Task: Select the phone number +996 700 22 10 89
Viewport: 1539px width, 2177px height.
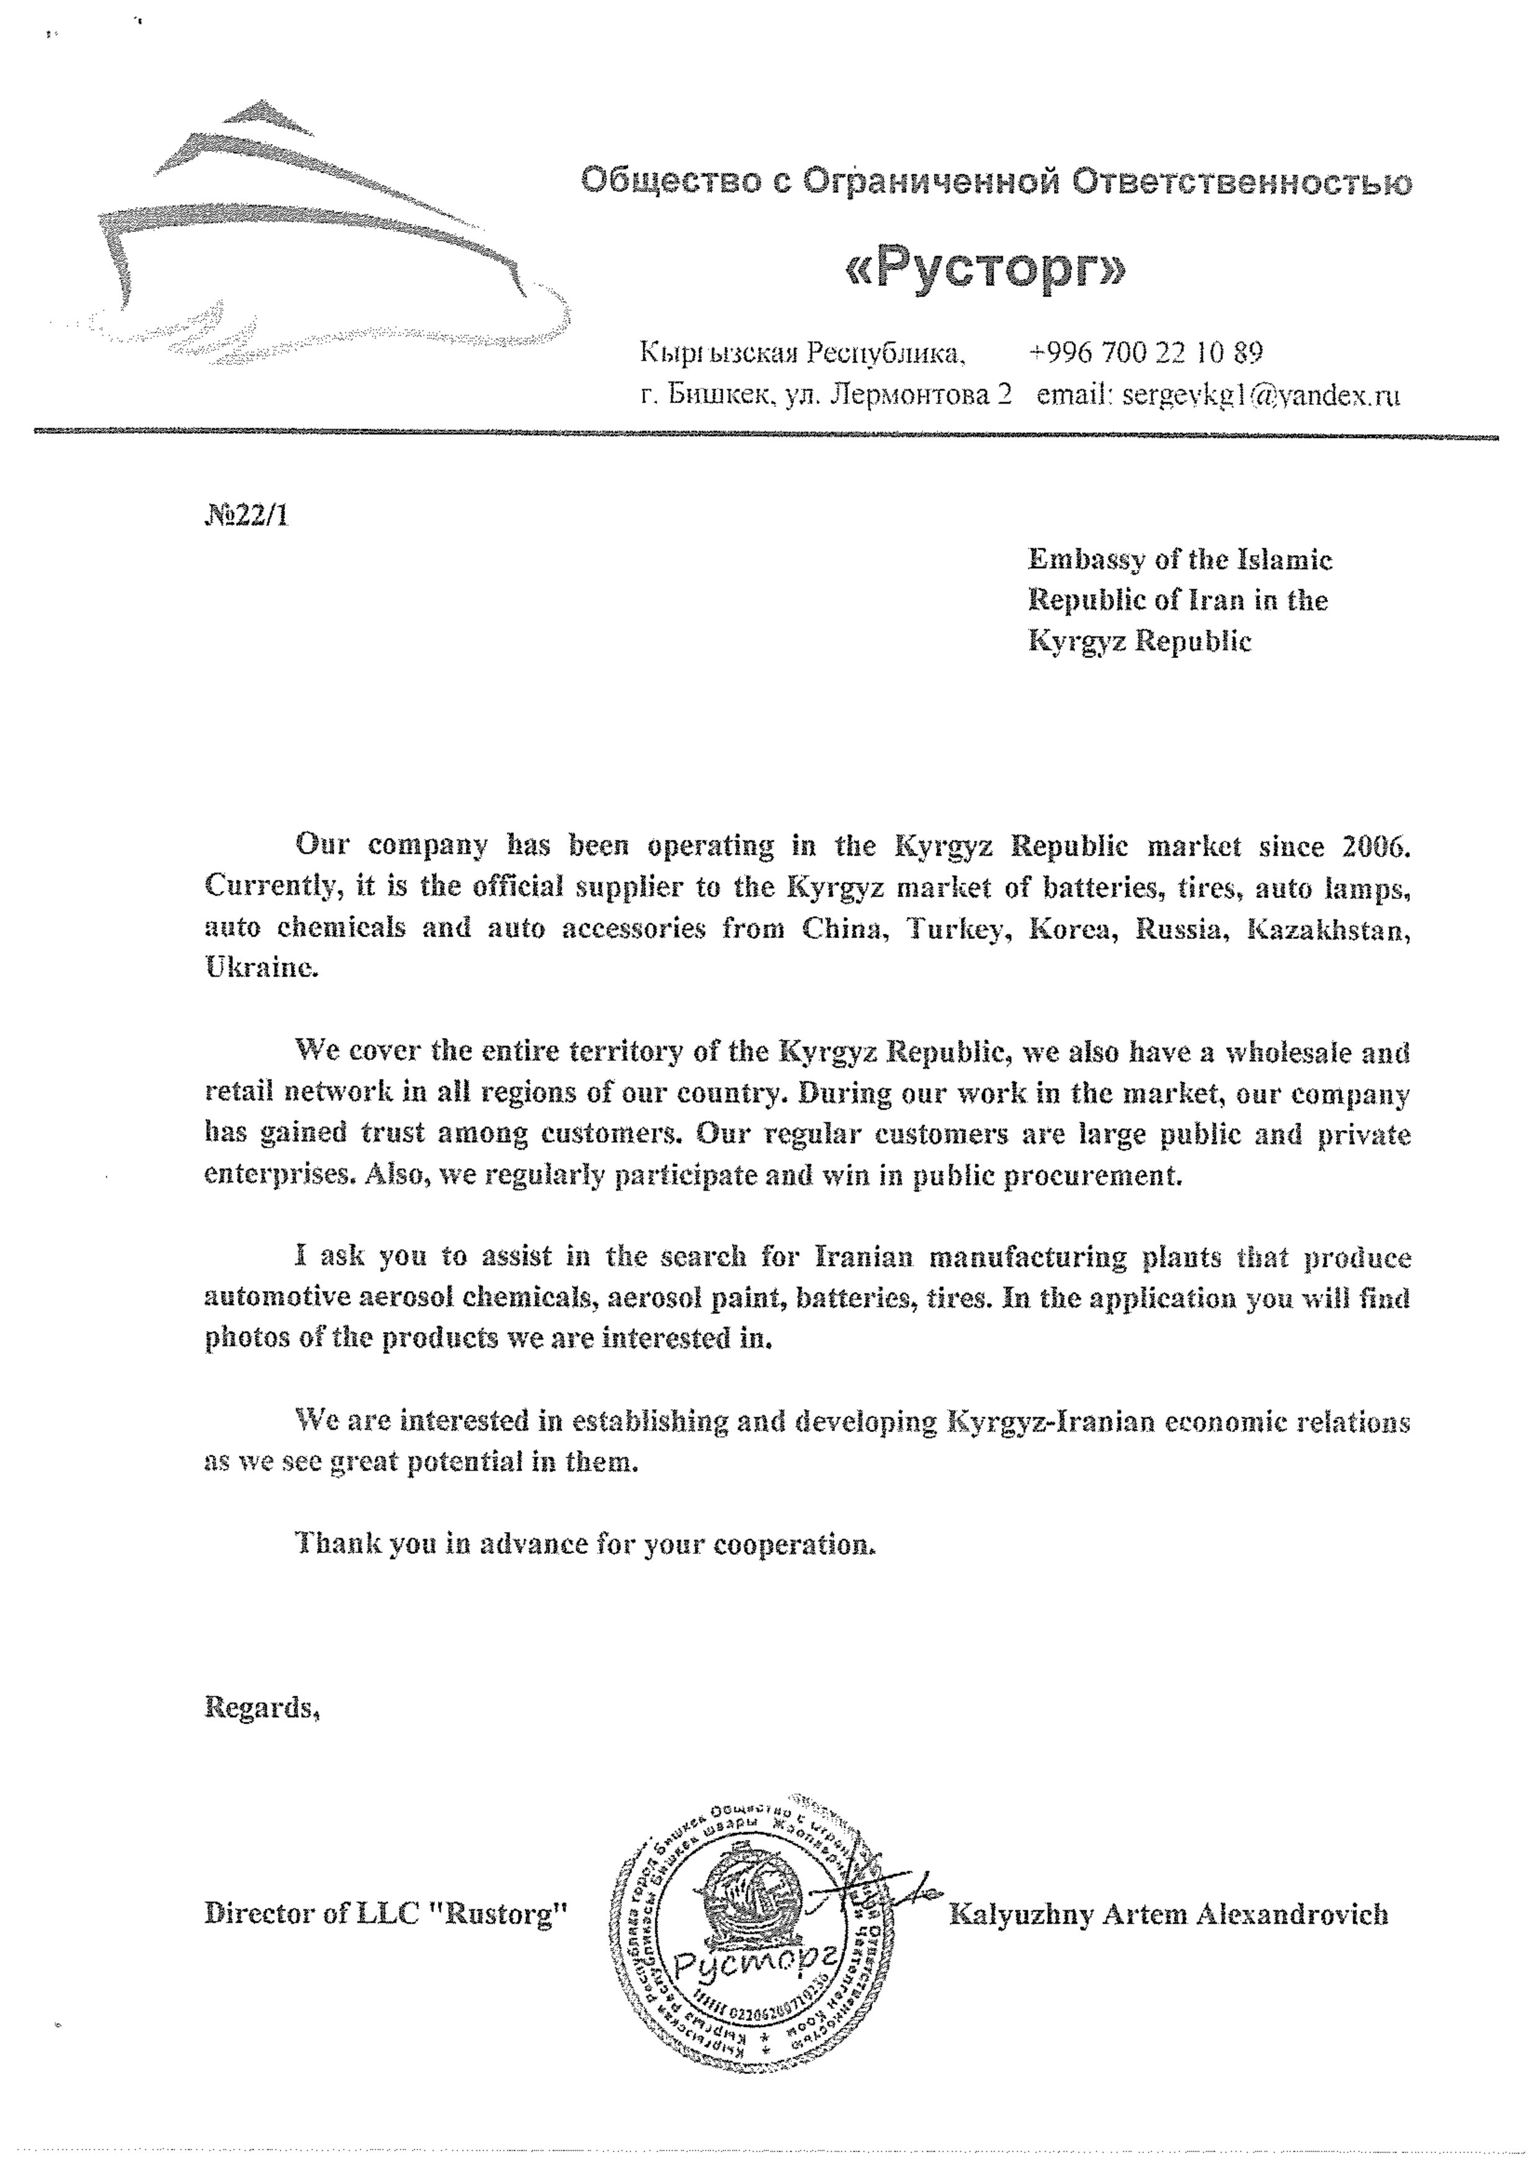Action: pyautogui.click(x=1146, y=353)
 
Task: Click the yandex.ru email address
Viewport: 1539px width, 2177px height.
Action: pyautogui.click(x=1261, y=394)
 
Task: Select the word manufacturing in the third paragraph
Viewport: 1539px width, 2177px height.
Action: pyautogui.click(x=1033, y=1257)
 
